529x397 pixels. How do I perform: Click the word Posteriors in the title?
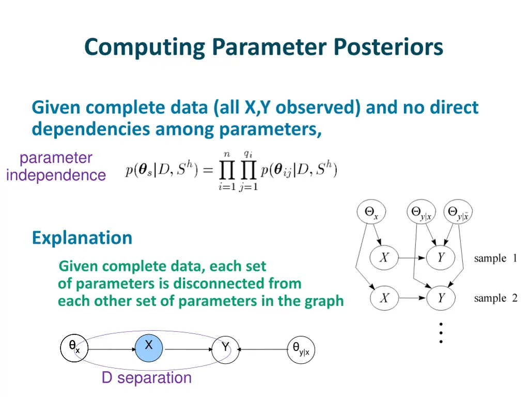click(388, 47)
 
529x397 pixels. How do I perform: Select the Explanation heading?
click(82, 238)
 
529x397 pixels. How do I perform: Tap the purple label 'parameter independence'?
click(56, 166)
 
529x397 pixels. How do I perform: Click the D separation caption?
click(146, 378)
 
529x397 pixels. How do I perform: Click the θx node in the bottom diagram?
click(74, 348)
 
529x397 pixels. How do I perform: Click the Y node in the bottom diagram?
click(226, 349)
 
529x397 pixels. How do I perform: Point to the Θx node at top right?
click(372, 212)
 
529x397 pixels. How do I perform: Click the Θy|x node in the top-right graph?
click(422, 212)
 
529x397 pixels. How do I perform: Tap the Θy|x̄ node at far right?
click(459, 212)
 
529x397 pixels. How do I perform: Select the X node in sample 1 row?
click(384, 257)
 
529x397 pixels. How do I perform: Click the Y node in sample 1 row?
click(441, 257)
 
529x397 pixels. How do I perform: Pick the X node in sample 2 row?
click(384, 298)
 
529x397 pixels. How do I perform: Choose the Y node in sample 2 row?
click(441, 298)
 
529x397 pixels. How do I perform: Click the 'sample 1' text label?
click(495, 258)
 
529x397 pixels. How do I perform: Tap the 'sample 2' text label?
click(495, 298)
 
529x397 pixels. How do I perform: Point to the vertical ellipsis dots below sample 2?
click(441, 333)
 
